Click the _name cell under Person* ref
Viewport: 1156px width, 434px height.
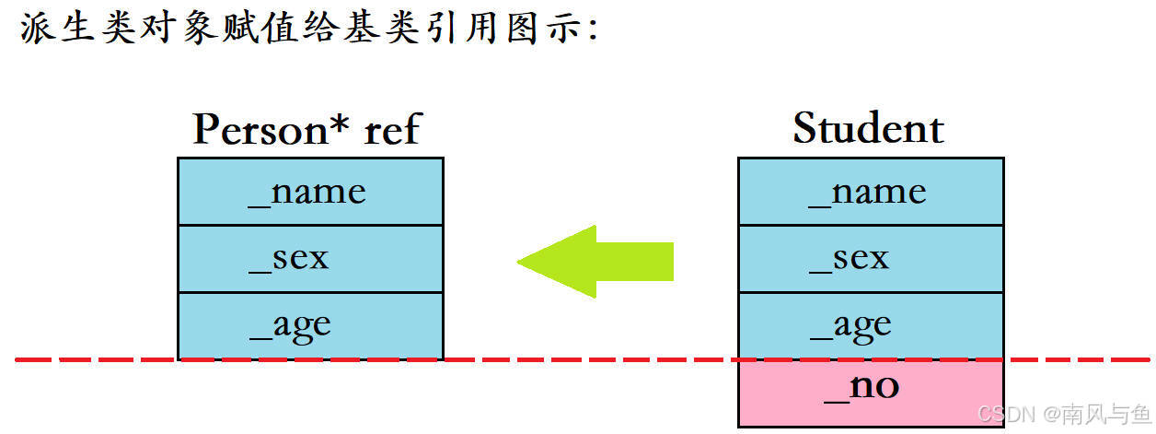[309, 192]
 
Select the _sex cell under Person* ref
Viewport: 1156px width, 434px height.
[309, 259]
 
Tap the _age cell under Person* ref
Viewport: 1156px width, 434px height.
[309, 325]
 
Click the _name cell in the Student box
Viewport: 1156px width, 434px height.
[870, 192]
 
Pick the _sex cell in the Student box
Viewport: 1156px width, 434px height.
[870, 259]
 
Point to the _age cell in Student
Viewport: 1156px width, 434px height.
[870, 325]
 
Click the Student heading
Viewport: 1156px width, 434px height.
[868, 128]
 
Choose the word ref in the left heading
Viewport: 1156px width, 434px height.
[392, 129]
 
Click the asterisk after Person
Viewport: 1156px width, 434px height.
[341, 123]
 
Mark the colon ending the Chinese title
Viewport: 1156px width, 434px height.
[592, 29]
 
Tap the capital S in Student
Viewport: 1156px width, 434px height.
[806, 128]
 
